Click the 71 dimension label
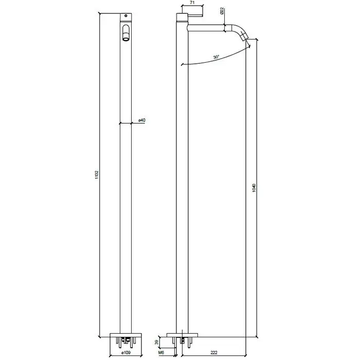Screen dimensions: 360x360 192,3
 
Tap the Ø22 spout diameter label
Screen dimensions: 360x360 222,11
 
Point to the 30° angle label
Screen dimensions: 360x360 217,57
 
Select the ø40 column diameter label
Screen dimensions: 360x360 141,120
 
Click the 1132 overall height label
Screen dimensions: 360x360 97,175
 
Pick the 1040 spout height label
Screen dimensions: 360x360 254,188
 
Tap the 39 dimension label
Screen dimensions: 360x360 156,343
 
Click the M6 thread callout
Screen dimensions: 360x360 161,353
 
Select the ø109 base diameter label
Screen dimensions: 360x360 126,352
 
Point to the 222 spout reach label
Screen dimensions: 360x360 213,352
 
